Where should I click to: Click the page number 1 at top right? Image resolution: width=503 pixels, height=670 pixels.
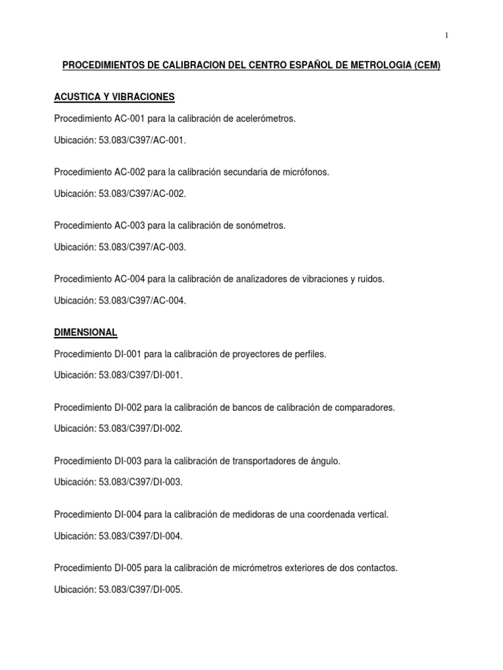(447, 36)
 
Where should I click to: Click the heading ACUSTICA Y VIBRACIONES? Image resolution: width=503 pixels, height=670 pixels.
(114, 97)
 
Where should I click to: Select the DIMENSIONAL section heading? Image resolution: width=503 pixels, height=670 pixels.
(85, 332)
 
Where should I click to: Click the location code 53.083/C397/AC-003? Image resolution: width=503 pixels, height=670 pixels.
(142, 247)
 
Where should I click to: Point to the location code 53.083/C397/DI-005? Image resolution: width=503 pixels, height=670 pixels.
(140, 590)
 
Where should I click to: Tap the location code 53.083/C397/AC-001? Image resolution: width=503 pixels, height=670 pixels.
(142, 141)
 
